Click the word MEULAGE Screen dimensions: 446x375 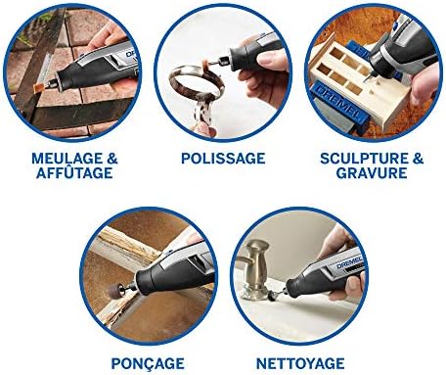67,159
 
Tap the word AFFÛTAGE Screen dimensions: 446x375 74,173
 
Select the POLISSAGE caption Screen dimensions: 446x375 223,159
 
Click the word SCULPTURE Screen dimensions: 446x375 364,159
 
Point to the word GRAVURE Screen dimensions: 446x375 372,173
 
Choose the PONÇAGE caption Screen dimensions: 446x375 148,364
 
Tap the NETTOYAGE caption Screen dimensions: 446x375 300,363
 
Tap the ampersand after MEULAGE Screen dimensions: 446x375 112,159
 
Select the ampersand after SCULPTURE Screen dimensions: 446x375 418,159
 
